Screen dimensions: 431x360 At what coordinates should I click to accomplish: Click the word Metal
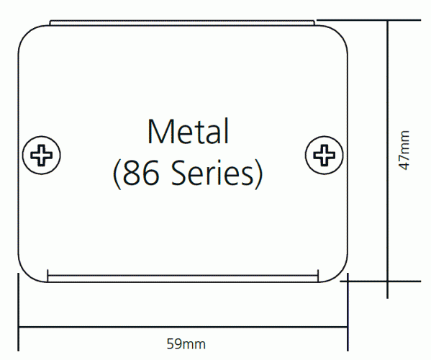click(188, 131)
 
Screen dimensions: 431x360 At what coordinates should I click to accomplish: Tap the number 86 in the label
click(141, 174)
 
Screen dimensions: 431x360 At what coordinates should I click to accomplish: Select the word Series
click(212, 174)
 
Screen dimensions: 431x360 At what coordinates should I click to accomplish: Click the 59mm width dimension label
click(186, 343)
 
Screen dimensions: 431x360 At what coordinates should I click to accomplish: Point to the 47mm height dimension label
click(404, 150)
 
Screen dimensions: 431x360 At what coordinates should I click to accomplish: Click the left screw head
click(41, 155)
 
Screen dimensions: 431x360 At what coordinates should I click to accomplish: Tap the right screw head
click(325, 155)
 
